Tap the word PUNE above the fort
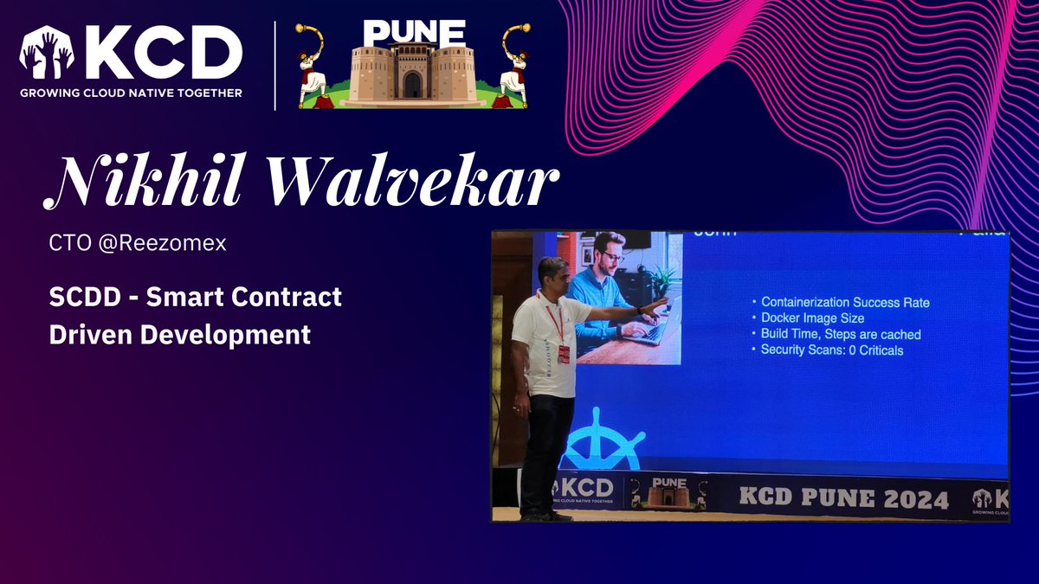point(413,33)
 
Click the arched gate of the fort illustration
point(412,85)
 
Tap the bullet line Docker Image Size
point(812,318)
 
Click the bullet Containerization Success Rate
point(845,302)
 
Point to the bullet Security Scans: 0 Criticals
point(832,350)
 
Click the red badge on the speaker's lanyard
point(564,354)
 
